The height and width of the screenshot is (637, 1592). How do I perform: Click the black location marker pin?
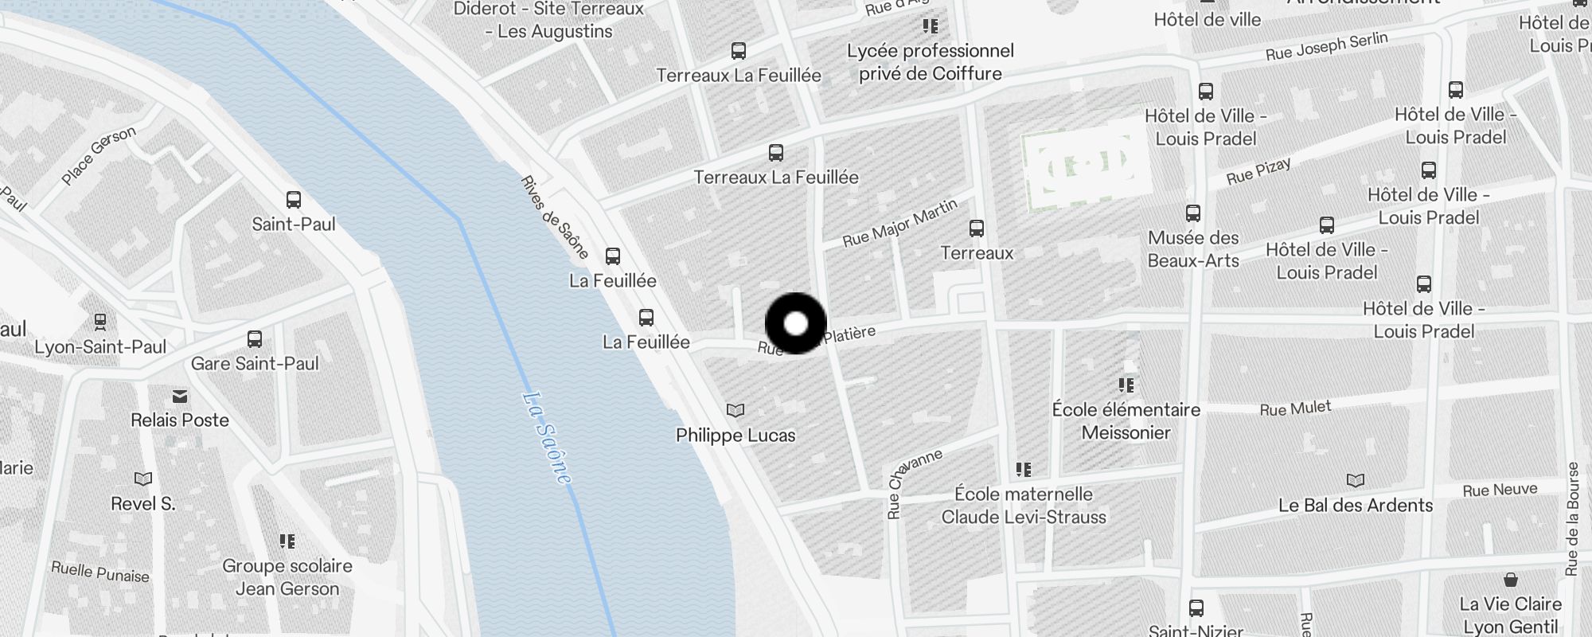[796, 323]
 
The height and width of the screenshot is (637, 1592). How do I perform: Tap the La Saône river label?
[548, 437]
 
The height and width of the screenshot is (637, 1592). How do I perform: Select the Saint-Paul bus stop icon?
[294, 200]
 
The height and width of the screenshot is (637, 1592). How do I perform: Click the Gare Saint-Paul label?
[255, 364]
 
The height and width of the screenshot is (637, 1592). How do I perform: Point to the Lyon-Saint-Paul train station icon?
[100, 322]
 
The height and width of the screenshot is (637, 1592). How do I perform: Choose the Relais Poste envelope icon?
[180, 396]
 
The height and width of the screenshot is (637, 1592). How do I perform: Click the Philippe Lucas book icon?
[736, 411]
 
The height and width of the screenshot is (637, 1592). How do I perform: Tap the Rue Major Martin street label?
[899, 224]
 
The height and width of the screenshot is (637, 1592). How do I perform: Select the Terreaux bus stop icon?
[977, 229]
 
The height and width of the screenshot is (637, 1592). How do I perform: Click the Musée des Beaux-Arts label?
[1193, 249]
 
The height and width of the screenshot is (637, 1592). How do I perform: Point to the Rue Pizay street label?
[1258, 171]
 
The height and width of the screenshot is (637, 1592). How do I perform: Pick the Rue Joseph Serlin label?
[1326, 46]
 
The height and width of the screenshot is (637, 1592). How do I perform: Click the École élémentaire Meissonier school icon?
[1126, 385]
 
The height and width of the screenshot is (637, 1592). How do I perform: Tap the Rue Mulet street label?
[1295, 408]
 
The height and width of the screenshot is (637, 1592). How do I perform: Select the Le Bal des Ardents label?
[1355, 506]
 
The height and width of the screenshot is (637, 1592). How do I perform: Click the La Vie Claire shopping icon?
[1510, 580]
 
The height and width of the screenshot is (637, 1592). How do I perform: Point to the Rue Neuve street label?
[1500, 490]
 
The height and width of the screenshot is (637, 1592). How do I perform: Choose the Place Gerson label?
[99, 156]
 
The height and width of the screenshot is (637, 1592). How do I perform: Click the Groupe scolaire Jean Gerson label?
[287, 577]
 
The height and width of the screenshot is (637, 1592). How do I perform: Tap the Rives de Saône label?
[554, 217]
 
